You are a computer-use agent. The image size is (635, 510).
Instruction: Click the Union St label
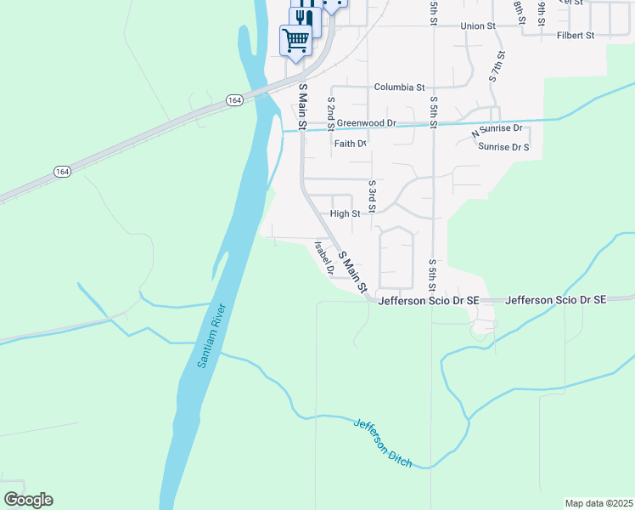[x=478, y=26]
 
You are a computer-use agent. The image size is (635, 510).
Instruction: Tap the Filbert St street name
[x=576, y=37]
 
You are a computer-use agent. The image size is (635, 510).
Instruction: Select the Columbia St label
[x=399, y=88]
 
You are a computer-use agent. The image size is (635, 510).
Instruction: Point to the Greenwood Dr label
[x=367, y=123]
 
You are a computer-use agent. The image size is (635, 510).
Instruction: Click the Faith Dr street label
[x=350, y=144]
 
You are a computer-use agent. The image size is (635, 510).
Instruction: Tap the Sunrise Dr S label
[x=503, y=147]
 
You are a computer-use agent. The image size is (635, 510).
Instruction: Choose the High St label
[x=345, y=213]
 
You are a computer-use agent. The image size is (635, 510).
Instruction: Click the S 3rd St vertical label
[x=372, y=195]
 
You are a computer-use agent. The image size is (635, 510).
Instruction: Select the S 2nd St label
[x=331, y=109]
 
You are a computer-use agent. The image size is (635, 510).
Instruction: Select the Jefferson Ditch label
[x=383, y=443]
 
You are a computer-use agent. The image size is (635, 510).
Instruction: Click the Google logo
[x=28, y=500]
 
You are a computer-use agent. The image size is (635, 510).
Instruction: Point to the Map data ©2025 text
[x=598, y=502]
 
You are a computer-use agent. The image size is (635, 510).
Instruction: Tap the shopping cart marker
[x=295, y=40]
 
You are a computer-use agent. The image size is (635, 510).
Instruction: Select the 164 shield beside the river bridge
[x=233, y=100]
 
